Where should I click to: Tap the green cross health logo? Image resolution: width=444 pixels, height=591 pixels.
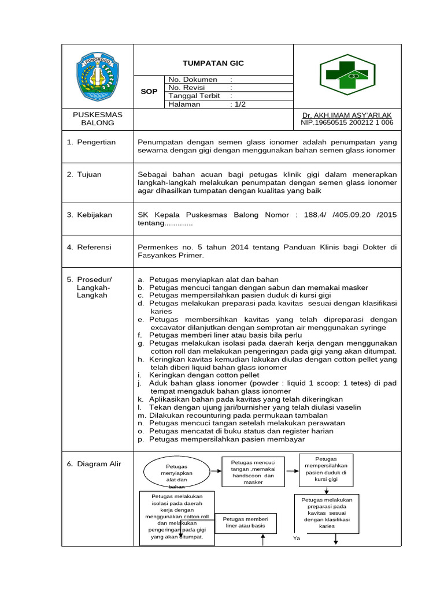click(x=347, y=74)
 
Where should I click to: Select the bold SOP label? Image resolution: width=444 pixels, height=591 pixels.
click(x=149, y=92)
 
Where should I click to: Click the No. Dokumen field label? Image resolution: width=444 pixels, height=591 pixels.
click(x=193, y=80)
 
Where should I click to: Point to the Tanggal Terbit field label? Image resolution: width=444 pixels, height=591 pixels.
click(x=194, y=96)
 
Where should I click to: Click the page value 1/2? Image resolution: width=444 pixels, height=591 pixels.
click(x=238, y=104)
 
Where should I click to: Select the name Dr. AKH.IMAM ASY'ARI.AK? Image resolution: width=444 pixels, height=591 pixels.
click(x=347, y=115)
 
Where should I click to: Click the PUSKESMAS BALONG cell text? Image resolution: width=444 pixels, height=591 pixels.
click(x=97, y=119)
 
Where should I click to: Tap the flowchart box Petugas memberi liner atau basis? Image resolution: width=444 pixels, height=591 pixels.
click(x=246, y=522)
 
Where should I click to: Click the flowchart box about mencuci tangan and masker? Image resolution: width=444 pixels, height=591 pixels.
click(x=253, y=472)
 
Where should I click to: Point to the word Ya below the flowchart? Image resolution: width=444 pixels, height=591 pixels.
click(x=297, y=538)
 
